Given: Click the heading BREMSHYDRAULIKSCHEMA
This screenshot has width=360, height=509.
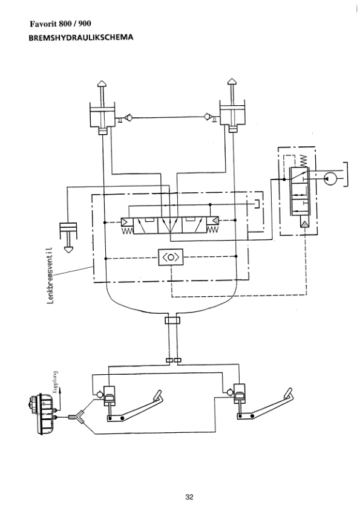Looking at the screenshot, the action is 81,37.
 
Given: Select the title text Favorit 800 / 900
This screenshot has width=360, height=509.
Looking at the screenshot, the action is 61,24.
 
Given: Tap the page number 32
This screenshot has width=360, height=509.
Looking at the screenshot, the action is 189,497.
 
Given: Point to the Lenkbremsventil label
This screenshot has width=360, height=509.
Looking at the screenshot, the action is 50,275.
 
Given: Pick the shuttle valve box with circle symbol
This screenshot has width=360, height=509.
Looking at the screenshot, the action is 171,257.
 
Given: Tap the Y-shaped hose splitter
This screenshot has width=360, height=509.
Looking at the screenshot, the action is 77,417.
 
